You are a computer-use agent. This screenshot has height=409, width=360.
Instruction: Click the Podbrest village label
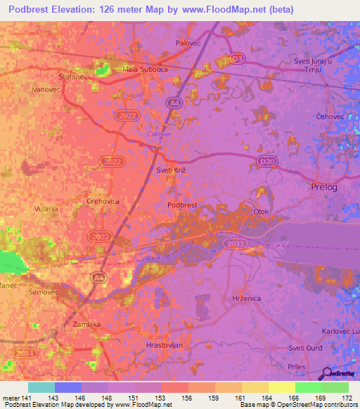coord(182,205)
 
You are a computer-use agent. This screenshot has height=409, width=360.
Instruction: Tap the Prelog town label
coord(323,187)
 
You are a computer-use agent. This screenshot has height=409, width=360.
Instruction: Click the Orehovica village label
coord(103,201)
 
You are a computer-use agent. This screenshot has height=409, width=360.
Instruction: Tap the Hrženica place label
coord(247,299)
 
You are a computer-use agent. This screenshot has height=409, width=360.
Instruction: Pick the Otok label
coord(261,212)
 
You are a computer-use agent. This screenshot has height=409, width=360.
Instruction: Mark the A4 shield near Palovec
coord(173,103)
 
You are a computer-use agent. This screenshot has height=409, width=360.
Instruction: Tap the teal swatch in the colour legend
coord(41,387)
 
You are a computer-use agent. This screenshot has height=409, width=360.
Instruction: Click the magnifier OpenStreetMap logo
coord(327,375)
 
